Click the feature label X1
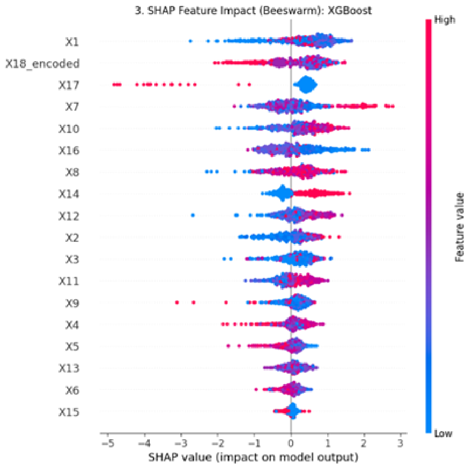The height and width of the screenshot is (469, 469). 72,42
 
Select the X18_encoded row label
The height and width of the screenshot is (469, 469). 43,64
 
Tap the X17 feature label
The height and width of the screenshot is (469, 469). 69,85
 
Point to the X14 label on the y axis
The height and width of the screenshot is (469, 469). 69,194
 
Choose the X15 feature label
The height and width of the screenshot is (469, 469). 69,412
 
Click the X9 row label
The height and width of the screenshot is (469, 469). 72,303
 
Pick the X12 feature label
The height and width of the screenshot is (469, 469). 69,216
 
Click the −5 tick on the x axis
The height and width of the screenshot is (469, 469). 108,443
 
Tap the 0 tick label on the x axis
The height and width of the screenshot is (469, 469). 291,443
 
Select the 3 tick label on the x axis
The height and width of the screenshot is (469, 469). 400,443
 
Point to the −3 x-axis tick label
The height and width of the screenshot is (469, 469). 181,443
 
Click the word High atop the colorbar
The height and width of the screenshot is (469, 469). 445,20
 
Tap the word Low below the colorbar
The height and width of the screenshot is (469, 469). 443,433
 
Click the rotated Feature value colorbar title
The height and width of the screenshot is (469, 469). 459,227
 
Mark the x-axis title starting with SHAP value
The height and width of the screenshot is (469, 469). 253,457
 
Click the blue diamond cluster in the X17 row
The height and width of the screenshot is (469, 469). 306,84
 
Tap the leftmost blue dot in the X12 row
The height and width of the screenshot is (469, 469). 193,215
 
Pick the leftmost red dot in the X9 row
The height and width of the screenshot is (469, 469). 177,302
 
